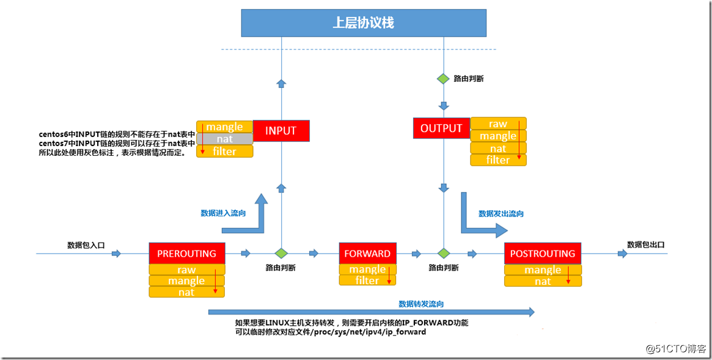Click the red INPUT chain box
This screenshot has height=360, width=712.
[x=281, y=131]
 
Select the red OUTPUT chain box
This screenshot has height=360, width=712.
[x=441, y=128]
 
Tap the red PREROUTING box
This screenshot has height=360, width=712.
[x=186, y=253]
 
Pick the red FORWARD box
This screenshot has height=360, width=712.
[x=367, y=253]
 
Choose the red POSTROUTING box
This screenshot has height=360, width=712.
[x=542, y=253]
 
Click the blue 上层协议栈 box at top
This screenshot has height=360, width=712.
[x=363, y=23]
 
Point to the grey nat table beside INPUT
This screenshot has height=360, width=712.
[x=224, y=139]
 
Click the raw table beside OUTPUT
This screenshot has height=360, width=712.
[x=498, y=124]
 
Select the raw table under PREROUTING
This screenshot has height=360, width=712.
[x=186, y=270]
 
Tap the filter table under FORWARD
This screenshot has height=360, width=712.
[x=367, y=281]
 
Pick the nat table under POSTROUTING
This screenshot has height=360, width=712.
[x=543, y=281]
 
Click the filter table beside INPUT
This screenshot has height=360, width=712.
[x=224, y=151]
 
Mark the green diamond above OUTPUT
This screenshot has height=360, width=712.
[x=443, y=79]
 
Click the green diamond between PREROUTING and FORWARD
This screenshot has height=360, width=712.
[x=281, y=253]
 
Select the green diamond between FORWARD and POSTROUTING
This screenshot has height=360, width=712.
[x=443, y=253]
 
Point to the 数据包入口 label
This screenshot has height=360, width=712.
[x=86, y=245]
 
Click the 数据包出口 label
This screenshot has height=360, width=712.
[x=645, y=244]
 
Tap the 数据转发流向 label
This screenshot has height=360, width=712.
[x=421, y=304]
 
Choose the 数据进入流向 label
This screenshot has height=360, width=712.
[x=223, y=213]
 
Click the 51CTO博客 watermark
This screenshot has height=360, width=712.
[x=676, y=348]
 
